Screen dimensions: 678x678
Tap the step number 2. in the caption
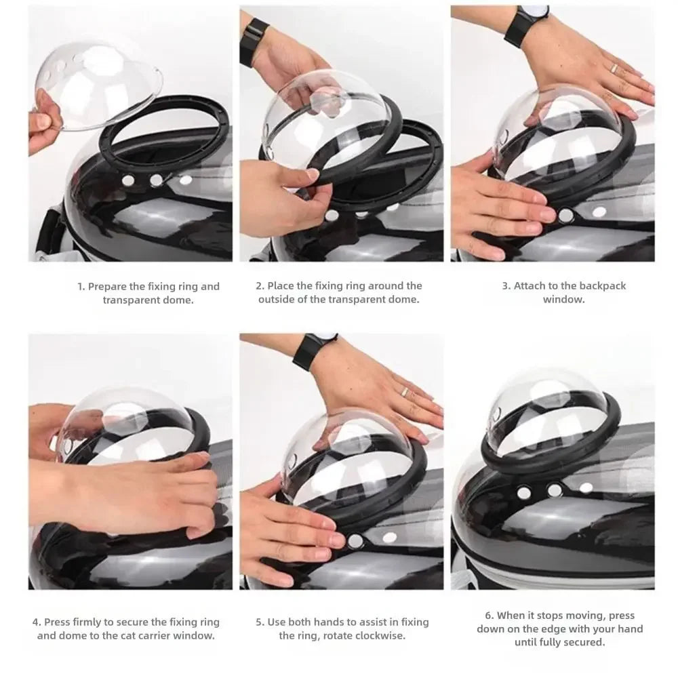point(260,286)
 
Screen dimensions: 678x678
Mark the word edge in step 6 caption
point(573,629)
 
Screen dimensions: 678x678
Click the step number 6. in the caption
point(489,616)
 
